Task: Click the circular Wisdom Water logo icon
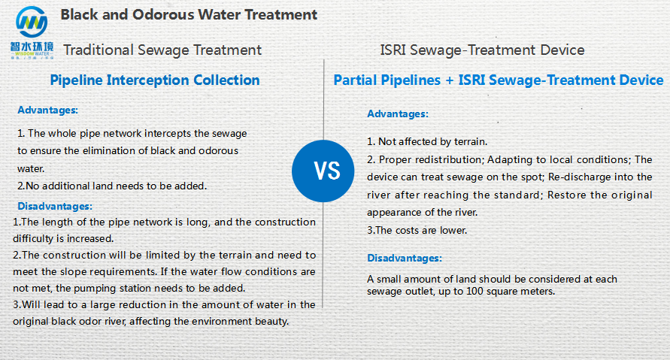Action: tap(32, 22)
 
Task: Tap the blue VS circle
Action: tap(323, 171)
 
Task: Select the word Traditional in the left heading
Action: tap(99, 50)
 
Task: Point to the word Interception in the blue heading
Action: tap(148, 80)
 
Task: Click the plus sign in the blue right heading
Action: tap(450, 80)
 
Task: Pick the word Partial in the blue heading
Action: tap(356, 80)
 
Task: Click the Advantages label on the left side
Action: tap(48, 110)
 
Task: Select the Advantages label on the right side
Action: tap(398, 114)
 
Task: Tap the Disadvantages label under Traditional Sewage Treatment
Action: tap(55, 206)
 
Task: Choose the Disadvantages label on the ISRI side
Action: tap(405, 259)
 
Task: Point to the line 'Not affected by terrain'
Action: tap(427, 142)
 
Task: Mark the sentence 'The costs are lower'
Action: tap(417, 231)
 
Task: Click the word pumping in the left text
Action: tap(92, 289)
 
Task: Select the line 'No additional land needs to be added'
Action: tap(112, 186)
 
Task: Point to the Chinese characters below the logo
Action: tap(32, 47)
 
